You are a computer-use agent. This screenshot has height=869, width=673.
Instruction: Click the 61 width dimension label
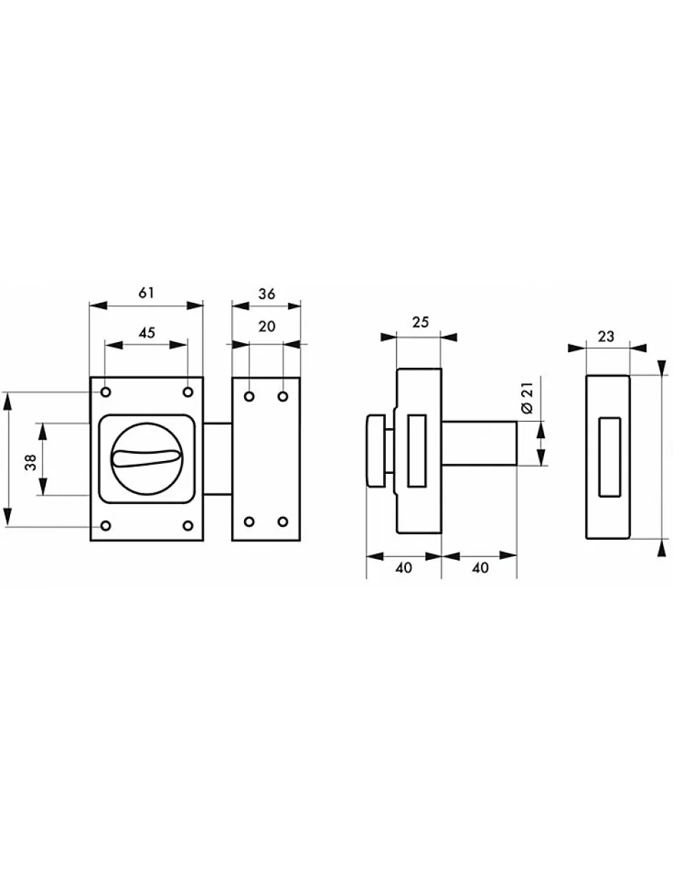(146, 293)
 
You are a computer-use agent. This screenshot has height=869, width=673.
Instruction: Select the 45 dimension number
(146, 332)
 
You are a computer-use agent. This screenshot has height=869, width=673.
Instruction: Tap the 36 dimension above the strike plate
(266, 293)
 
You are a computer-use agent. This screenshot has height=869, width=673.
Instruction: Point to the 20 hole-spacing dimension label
(266, 326)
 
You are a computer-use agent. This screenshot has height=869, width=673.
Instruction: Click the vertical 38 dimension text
(29, 460)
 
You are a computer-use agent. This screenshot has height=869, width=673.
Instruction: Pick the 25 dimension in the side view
(420, 321)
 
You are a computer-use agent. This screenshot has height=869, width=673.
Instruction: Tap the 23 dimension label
(606, 336)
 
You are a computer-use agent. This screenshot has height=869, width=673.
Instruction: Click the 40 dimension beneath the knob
(403, 568)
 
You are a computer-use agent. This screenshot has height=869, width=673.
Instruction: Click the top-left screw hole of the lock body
(106, 392)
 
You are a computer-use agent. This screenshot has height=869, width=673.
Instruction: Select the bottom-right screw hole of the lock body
(188, 526)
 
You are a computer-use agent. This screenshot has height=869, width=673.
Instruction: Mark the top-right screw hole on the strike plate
(283, 397)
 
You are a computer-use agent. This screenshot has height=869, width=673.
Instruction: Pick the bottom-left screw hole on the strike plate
(249, 520)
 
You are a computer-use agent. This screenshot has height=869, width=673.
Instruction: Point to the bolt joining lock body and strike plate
(218, 458)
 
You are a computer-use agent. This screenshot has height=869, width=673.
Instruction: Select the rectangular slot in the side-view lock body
(416, 451)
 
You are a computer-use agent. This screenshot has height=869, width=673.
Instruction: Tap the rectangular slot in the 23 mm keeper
(609, 456)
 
